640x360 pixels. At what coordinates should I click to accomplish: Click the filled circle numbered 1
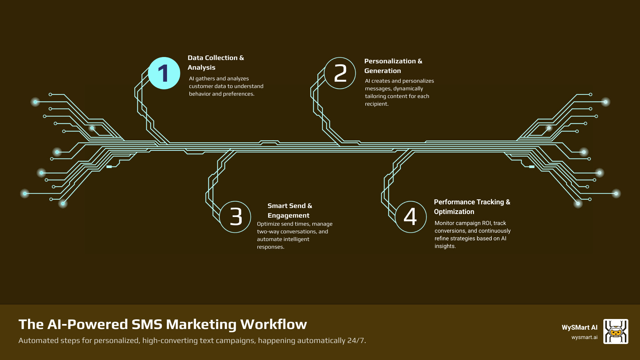point(164,73)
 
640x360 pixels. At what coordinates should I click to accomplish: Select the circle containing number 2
point(340,73)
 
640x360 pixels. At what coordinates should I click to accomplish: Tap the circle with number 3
point(235,217)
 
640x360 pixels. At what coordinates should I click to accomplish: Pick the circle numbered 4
point(411,217)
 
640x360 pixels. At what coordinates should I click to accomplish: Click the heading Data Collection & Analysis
point(216,63)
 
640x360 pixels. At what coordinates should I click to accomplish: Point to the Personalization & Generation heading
point(393,66)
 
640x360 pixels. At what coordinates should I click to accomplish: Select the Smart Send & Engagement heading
point(290,211)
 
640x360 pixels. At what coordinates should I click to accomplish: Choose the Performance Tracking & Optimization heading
point(472,207)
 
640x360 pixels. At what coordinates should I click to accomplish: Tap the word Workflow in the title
point(273,324)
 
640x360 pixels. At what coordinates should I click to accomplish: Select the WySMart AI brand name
point(579,327)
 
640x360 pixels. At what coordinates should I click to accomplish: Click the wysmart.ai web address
point(584,337)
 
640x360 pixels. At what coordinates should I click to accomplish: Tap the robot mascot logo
point(616,331)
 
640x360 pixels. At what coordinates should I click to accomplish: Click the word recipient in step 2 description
point(376,104)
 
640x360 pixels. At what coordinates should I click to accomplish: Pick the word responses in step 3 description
point(270,247)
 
